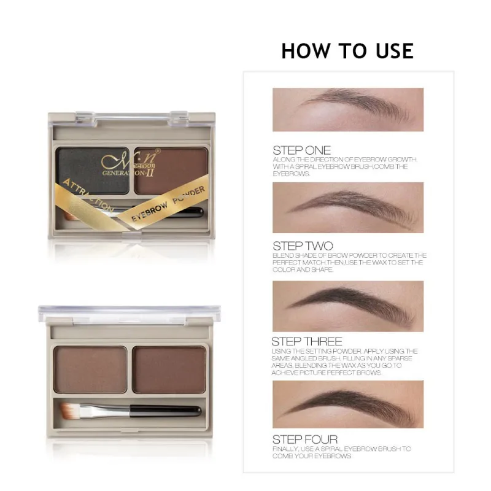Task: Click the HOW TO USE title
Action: (x=347, y=51)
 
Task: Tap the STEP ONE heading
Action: (x=301, y=150)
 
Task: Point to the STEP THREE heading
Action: (x=307, y=341)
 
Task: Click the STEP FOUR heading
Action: (x=305, y=439)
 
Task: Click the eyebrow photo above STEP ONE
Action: (x=348, y=109)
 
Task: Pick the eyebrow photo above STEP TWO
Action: (x=348, y=207)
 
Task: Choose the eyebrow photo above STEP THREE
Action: (x=348, y=306)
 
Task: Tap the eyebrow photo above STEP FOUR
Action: (x=348, y=404)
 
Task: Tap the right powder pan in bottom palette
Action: (x=169, y=369)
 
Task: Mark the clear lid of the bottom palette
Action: (x=126, y=314)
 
